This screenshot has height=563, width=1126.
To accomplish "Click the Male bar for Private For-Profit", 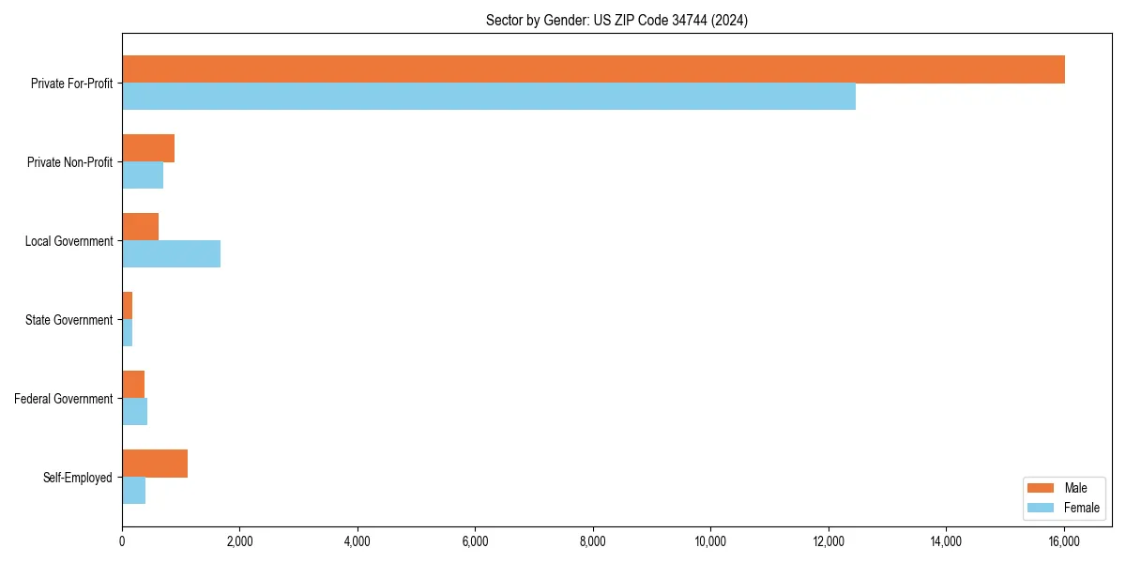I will (x=593, y=69).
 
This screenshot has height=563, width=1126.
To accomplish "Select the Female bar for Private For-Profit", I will (x=489, y=97).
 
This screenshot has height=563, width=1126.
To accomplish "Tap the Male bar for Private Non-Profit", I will (x=148, y=148).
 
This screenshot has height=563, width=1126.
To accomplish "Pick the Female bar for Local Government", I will (x=171, y=254).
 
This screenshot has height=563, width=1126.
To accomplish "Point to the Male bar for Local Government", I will (x=140, y=227).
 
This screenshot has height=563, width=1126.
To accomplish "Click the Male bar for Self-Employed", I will (x=155, y=464).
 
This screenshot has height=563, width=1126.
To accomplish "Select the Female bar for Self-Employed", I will (x=133, y=491).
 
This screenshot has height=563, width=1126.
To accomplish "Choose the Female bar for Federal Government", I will (x=134, y=412).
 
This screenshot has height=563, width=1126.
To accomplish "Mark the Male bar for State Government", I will (x=127, y=306).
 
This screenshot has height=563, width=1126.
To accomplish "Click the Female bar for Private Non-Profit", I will (x=143, y=175).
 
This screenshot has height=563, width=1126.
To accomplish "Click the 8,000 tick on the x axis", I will (x=593, y=540).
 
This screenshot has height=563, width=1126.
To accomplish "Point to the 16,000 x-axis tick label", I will (x=1064, y=540).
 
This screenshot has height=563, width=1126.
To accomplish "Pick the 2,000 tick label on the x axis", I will (x=239, y=540).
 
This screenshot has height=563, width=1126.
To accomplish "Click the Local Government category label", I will (x=68, y=241).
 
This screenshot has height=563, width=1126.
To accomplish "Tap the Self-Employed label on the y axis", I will (x=77, y=478).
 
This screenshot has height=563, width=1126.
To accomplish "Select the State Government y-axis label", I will (x=68, y=320).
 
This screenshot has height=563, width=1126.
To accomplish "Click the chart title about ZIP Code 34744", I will (x=616, y=20).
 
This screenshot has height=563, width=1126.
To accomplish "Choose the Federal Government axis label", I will (x=63, y=399).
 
